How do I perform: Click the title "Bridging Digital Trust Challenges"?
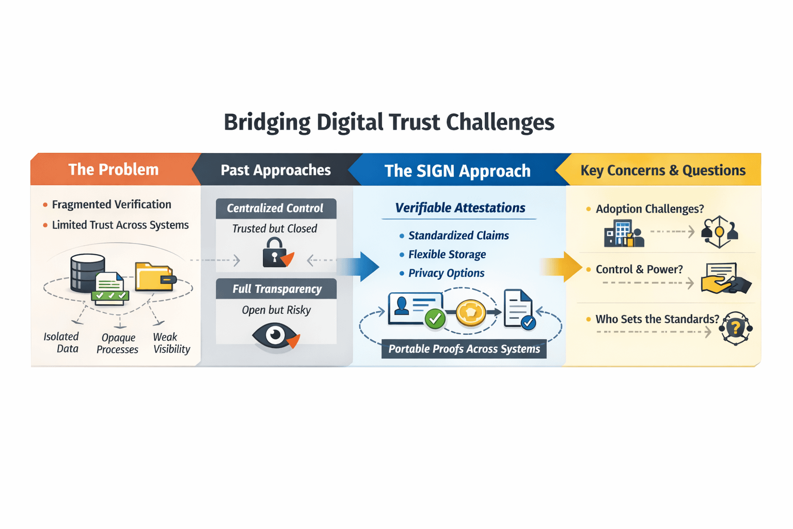click(x=389, y=122)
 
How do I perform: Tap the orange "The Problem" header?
click(x=113, y=169)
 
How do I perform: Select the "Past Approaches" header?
click(x=275, y=170)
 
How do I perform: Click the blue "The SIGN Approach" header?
click(x=457, y=171)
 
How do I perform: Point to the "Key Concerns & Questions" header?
click(x=662, y=170)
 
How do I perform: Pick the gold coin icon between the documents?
click(x=470, y=313)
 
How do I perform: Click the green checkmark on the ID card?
click(x=435, y=318)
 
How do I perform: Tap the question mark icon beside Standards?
click(x=736, y=328)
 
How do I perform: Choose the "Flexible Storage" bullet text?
click(x=447, y=254)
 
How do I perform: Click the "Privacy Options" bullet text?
click(x=446, y=273)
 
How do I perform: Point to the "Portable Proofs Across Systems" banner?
click(x=464, y=349)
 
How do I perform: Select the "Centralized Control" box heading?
click(x=275, y=208)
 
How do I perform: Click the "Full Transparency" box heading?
click(x=277, y=289)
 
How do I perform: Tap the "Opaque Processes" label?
click(x=118, y=344)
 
